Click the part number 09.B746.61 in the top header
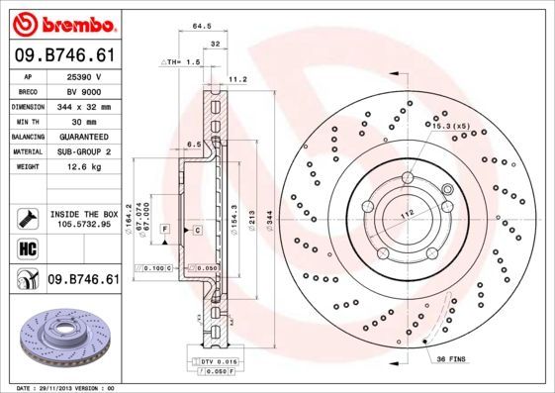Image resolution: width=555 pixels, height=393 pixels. (64, 57)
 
